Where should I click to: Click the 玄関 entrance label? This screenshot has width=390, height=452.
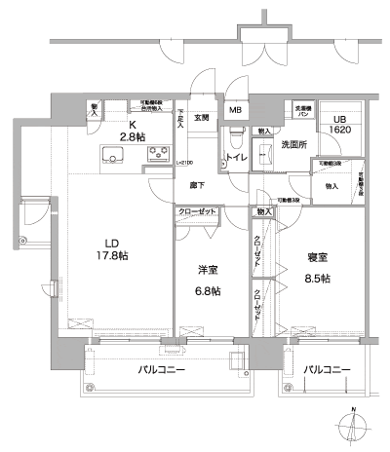click(201, 118)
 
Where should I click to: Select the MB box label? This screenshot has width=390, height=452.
click(236, 110)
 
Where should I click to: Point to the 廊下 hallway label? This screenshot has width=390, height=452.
click(196, 182)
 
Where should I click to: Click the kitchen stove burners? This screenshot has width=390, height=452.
click(159, 154)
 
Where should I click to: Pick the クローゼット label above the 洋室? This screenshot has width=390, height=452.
click(197, 212)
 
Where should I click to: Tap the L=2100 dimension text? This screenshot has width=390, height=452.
click(183, 163)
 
